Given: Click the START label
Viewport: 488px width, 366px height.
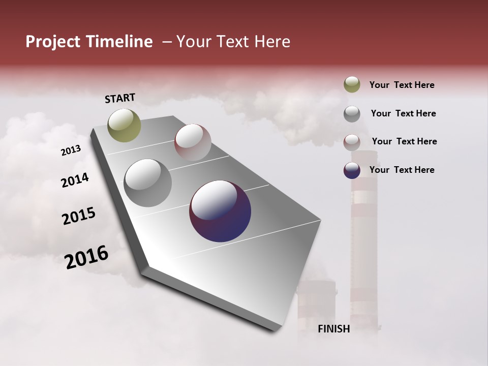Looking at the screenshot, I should tap(120, 98).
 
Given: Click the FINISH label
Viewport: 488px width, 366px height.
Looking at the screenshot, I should tap(334, 329).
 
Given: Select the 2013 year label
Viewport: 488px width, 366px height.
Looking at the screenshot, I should tap(71, 150).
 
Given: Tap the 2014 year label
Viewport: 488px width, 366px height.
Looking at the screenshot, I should tap(75, 180).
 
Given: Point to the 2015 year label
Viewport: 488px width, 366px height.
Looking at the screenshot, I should tap(79, 216).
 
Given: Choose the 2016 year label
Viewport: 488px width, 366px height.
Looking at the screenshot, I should tap(86, 257).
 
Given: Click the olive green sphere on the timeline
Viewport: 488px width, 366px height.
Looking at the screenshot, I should tap(125, 125).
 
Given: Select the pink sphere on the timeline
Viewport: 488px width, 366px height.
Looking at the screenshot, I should tap(193, 142).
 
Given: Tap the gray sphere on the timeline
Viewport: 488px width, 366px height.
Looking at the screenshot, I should tap(147, 183).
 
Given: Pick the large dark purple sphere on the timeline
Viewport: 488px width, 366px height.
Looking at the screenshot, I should tap(220, 211).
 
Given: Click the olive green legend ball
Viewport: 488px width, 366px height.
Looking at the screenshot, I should tap(352, 85).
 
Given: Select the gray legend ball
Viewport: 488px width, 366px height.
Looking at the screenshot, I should tap(352, 114).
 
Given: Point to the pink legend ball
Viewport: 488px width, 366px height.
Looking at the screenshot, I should tap(352, 142).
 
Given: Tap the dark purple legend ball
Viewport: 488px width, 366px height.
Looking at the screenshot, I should tap(352, 170).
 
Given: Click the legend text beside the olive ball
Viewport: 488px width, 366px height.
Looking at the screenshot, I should tap(402, 85).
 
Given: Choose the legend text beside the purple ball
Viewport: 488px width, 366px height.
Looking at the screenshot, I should tap(402, 170).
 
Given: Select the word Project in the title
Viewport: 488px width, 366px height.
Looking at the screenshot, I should tap(52, 42).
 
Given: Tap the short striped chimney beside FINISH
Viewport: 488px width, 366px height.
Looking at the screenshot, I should tap(316, 305).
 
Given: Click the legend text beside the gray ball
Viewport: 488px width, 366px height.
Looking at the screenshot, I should tap(403, 113).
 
